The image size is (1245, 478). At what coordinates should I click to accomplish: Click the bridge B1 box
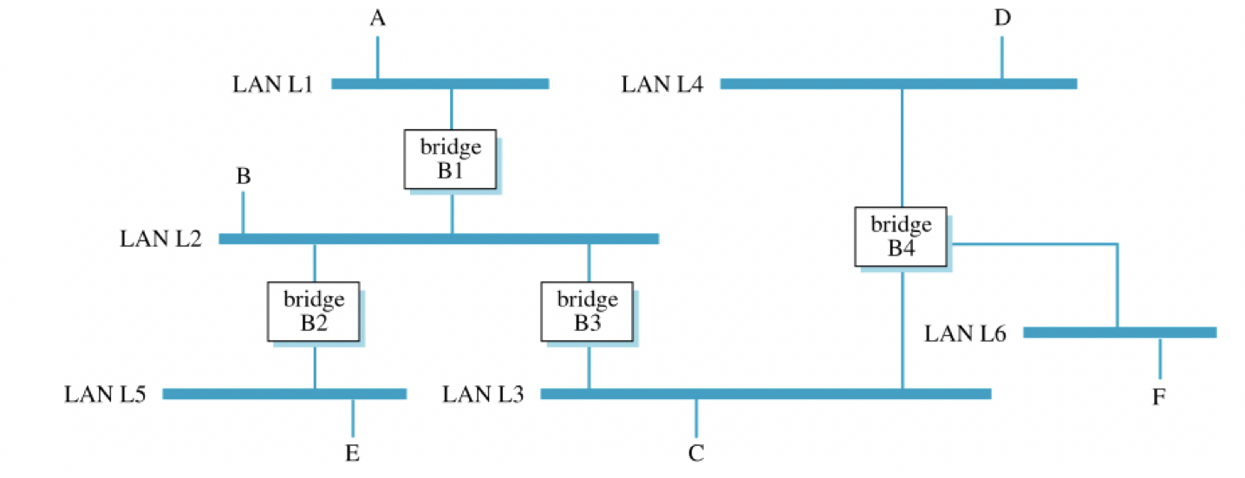450,158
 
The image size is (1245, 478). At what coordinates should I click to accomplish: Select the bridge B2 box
314,312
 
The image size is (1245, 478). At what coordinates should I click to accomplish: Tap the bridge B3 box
588,312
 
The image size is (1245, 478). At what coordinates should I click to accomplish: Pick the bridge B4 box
901,236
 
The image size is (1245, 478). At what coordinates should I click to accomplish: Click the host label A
377,19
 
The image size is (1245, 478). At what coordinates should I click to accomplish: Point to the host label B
244,178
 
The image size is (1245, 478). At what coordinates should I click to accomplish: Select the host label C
696,453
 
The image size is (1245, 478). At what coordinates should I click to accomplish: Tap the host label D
1002,19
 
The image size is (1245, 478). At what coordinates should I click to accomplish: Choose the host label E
352,453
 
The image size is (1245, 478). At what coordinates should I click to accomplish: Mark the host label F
1159,397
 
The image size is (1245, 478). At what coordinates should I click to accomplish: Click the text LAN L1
271,85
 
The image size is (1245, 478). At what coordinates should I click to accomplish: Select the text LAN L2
160,239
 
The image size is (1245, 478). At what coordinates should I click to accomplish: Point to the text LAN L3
483,395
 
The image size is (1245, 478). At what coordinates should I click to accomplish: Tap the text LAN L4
662,85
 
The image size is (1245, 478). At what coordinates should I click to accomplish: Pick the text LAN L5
105,395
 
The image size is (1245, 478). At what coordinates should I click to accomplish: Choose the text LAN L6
965,333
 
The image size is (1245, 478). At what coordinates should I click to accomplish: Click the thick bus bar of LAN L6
1119,332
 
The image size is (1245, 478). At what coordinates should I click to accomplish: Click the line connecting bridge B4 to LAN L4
902,147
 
